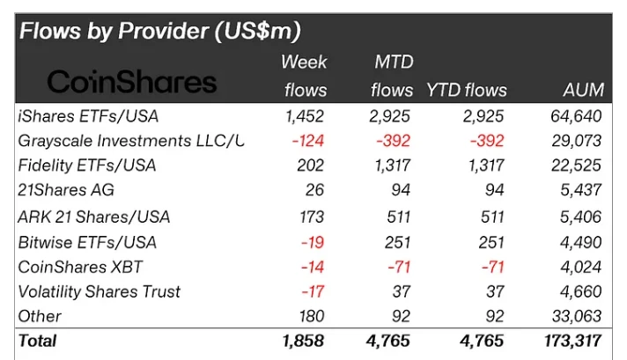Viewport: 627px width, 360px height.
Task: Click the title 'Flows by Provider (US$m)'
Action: point(160,33)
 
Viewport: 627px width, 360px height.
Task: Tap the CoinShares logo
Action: point(131,82)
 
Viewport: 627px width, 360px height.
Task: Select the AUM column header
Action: point(583,89)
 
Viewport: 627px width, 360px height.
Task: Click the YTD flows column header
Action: point(467,89)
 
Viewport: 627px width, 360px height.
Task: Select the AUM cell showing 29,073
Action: point(579,141)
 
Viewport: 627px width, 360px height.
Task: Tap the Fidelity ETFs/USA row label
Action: point(87,165)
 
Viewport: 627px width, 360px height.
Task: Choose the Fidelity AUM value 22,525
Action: point(579,165)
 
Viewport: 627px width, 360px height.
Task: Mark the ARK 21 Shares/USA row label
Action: point(94,216)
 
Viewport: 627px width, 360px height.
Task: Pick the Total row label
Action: point(37,341)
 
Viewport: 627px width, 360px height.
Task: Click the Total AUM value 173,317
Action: point(573,341)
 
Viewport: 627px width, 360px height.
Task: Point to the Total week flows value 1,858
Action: point(303,341)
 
